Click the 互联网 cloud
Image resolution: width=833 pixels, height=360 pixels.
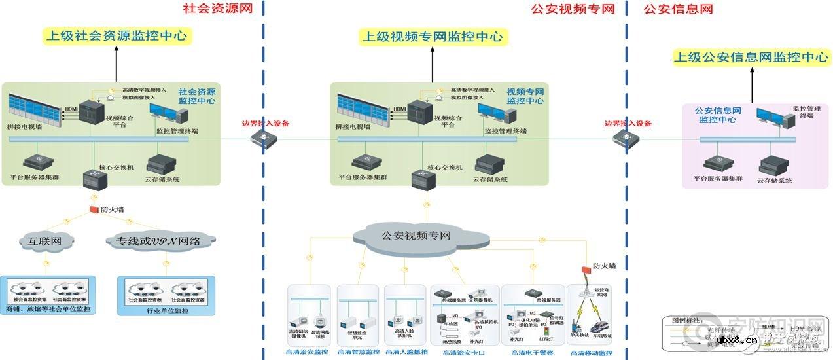click(x=44, y=241)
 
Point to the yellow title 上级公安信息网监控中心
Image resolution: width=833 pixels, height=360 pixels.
click(x=751, y=57)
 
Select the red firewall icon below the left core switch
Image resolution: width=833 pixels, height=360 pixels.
click(x=94, y=209)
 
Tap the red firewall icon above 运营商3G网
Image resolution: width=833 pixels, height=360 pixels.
click(x=586, y=268)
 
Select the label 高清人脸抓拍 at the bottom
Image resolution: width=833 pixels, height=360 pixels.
click(x=406, y=352)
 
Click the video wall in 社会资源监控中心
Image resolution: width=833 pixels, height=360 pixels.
click(x=35, y=110)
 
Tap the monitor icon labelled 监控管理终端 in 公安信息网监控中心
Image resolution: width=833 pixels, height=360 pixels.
click(x=770, y=122)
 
